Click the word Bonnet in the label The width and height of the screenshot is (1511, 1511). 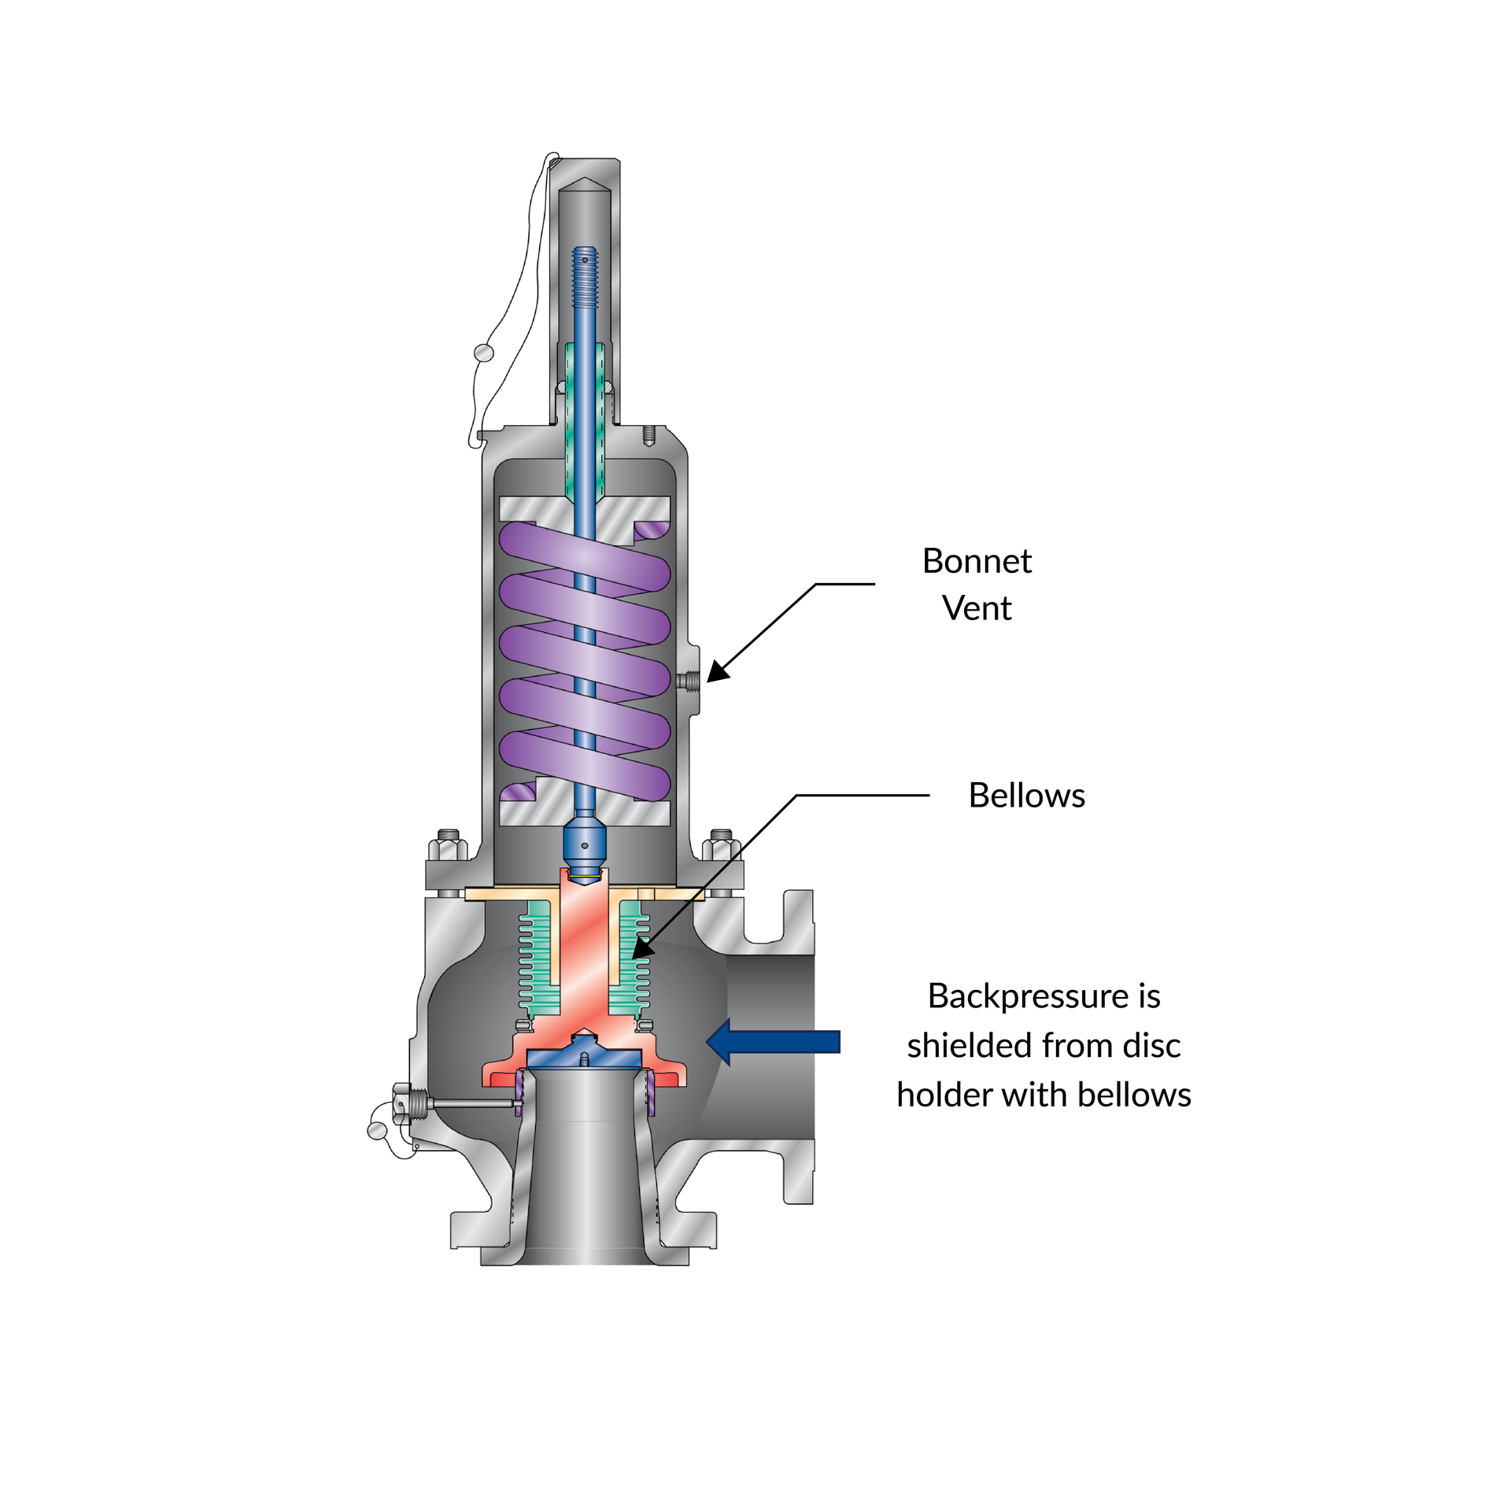coord(976,561)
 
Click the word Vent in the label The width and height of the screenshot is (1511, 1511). coord(976,608)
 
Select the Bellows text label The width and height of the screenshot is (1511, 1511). coord(1026,796)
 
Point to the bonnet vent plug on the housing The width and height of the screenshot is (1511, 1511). coord(689,679)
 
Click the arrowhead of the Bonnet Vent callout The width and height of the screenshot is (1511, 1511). coord(716,674)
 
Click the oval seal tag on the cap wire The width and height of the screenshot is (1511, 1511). coord(483,353)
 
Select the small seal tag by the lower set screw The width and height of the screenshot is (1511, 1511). coord(377,1131)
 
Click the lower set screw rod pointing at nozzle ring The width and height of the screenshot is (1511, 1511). coord(472,1104)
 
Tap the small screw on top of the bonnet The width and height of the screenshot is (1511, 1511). coord(648,435)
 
